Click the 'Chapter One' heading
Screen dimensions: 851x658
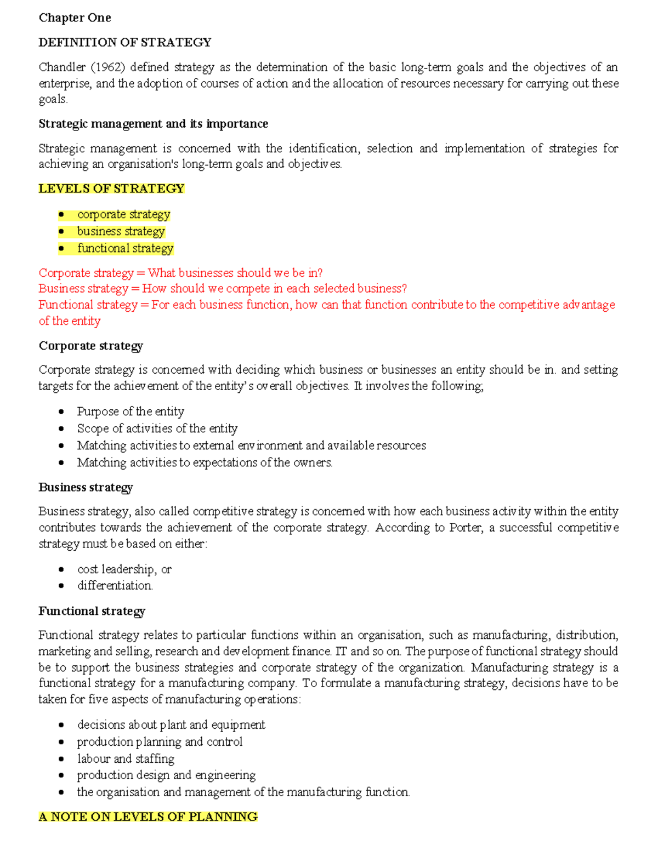(75, 18)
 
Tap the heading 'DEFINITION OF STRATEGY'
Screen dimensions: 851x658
(124, 43)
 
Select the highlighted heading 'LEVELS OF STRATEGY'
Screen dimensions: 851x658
(111, 189)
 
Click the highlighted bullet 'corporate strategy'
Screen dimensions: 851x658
(123, 214)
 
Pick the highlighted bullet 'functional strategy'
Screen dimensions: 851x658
(125, 248)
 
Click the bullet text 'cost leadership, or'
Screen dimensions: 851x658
(124, 569)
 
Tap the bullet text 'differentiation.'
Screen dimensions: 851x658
(115, 586)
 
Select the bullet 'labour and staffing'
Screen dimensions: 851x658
(126, 759)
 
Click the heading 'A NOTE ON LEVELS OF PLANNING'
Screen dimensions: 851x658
(148, 817)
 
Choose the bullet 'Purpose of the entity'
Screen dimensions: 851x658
(131, 412)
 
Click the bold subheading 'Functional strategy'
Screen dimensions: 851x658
(92, 611)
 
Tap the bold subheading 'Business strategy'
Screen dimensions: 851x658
(86, 487)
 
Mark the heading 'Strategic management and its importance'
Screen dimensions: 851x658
(153, 124)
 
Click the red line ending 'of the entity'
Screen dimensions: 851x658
(70, 321)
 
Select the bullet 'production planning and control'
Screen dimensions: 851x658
(160, 742)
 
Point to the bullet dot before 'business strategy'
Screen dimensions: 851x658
(61, 231)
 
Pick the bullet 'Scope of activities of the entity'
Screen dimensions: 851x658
(157, 429)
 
